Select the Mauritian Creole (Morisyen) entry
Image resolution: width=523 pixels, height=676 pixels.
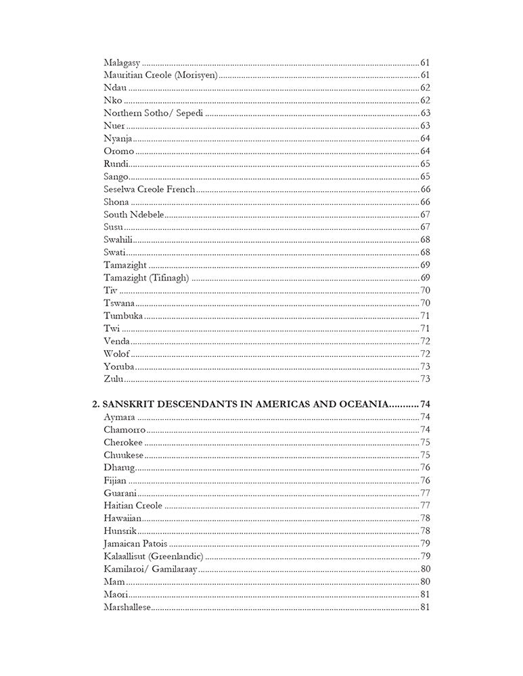[x=160, y=75]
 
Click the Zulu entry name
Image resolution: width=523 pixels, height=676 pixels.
[x=113, y=379]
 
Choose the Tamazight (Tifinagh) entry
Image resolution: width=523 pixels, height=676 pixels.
[x=146, y=277]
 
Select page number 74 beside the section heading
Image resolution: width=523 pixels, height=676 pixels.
[x=426, y=404]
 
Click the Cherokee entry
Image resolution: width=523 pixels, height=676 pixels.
[x=122, y=442]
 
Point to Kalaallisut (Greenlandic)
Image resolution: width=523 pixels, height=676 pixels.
[x=154, y=556]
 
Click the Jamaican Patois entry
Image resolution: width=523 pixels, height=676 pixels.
[x=136, y=544]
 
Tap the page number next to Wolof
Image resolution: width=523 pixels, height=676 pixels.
[x=426, y=354]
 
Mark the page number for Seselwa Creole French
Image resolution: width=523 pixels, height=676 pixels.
[x=426, y=189]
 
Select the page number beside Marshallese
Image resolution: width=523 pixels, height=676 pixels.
[x=426, y=607]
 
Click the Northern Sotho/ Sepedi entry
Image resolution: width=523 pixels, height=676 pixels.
[x=154, y=113]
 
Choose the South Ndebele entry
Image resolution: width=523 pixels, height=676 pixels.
[x=134, y=214]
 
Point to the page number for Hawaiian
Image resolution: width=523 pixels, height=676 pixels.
[x=426, y=518]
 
